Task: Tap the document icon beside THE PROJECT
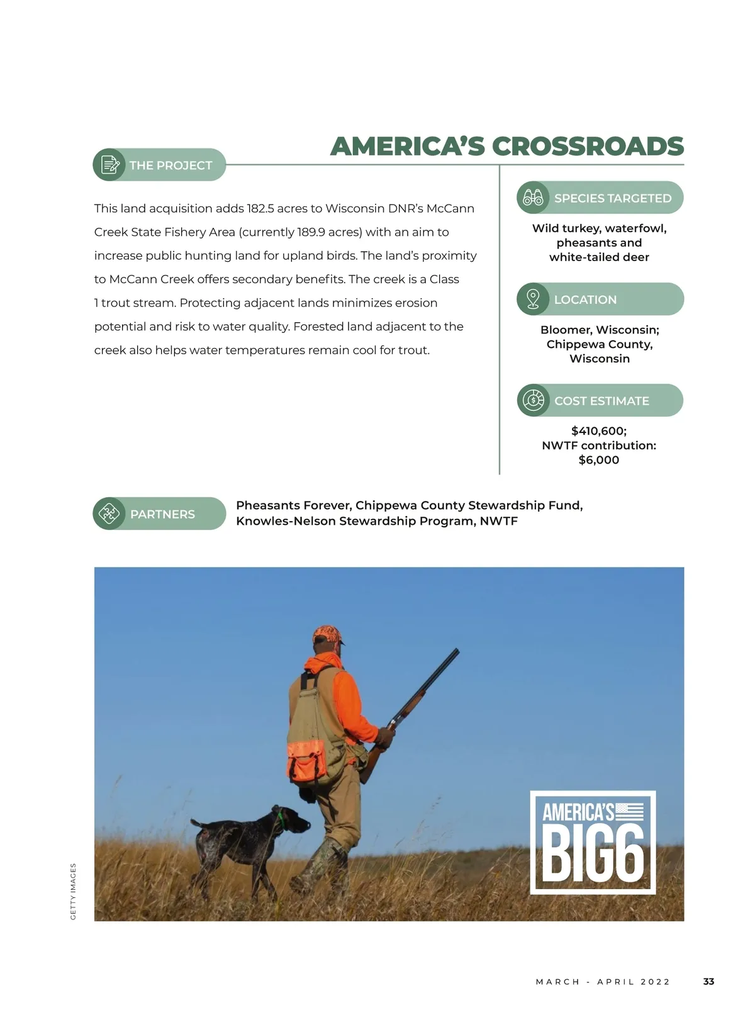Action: [109, 165]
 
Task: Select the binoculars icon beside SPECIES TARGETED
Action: [533, 198]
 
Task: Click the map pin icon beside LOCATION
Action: [533, 299]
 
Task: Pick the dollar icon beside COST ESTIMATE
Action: [534, 400]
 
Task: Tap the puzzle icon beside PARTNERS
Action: [109, 513]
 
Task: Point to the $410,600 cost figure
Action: [598, 431]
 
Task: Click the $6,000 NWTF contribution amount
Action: [599, 460]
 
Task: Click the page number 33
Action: [708, 982]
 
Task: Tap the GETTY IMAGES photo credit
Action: [73, 891]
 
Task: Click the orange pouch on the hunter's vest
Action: [306, 762]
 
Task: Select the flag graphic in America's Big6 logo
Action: [629, 812]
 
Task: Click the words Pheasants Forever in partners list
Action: [293, 505]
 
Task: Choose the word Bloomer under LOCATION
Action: [565, 330]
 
